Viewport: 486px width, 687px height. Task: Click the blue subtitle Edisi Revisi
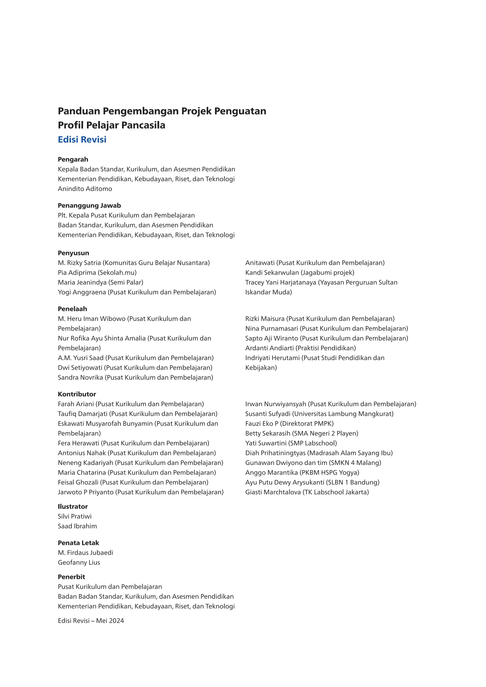82,140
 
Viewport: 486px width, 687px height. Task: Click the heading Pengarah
73,159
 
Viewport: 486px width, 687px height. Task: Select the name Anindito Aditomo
85,189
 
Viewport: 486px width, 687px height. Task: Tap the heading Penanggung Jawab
89,206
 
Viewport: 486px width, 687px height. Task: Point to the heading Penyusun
73,253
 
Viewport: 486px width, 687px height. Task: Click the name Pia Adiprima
77,273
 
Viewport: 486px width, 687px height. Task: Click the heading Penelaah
72,309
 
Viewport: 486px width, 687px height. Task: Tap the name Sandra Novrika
80,378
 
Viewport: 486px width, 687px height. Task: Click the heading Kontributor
77,394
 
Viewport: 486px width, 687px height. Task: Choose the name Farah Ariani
76,404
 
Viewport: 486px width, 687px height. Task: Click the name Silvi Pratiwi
75,516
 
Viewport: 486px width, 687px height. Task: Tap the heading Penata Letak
78,543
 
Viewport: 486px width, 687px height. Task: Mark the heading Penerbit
71,577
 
